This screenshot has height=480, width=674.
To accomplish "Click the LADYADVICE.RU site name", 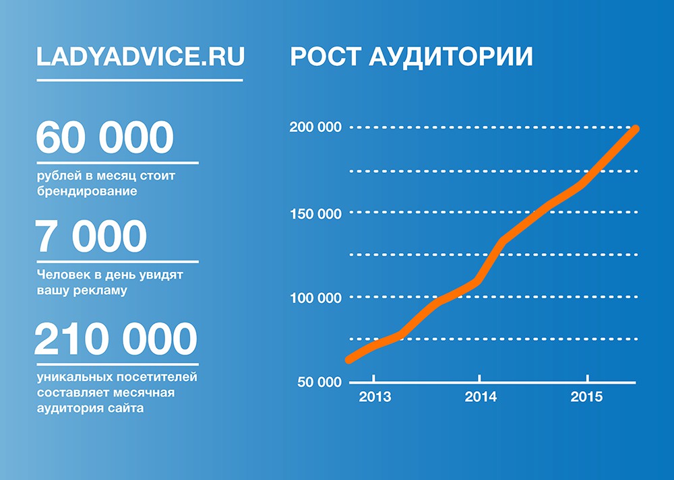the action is click(x=141, y=57).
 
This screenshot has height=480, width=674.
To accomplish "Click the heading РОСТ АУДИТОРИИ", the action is click(x=411, y=57).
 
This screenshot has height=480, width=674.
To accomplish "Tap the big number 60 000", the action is click(x=105, y=137).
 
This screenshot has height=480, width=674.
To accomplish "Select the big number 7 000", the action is click(x=91, y=236).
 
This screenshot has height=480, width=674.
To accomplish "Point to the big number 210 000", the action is click(x=116, y=339).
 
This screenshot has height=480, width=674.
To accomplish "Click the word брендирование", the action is click(x=87, y=191).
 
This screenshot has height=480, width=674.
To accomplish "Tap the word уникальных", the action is click(x=75, y=377).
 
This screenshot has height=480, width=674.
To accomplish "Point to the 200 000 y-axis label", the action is click(x=315, y=127).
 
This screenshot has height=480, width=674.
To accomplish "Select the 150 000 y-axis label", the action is click(x=316, y=214).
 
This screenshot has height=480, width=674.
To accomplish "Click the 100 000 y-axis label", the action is click(x=316, y=298).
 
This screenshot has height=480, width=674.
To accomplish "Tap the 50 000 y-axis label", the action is click(x=319, y=382).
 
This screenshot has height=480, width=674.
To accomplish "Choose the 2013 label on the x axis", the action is click(x=375, y=397).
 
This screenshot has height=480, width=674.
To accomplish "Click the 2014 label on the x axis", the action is click(x=481, y=397).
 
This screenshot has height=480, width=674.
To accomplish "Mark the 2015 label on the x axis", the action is click(x=587, y=397).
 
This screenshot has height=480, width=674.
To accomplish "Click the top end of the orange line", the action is click(x=636, y=129).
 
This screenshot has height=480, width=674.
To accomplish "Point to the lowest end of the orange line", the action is click(x=349, y=359).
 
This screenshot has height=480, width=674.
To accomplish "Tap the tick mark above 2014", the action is click(x=479, y=378).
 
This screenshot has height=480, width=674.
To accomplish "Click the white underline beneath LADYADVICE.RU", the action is click(x=140, y=80).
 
